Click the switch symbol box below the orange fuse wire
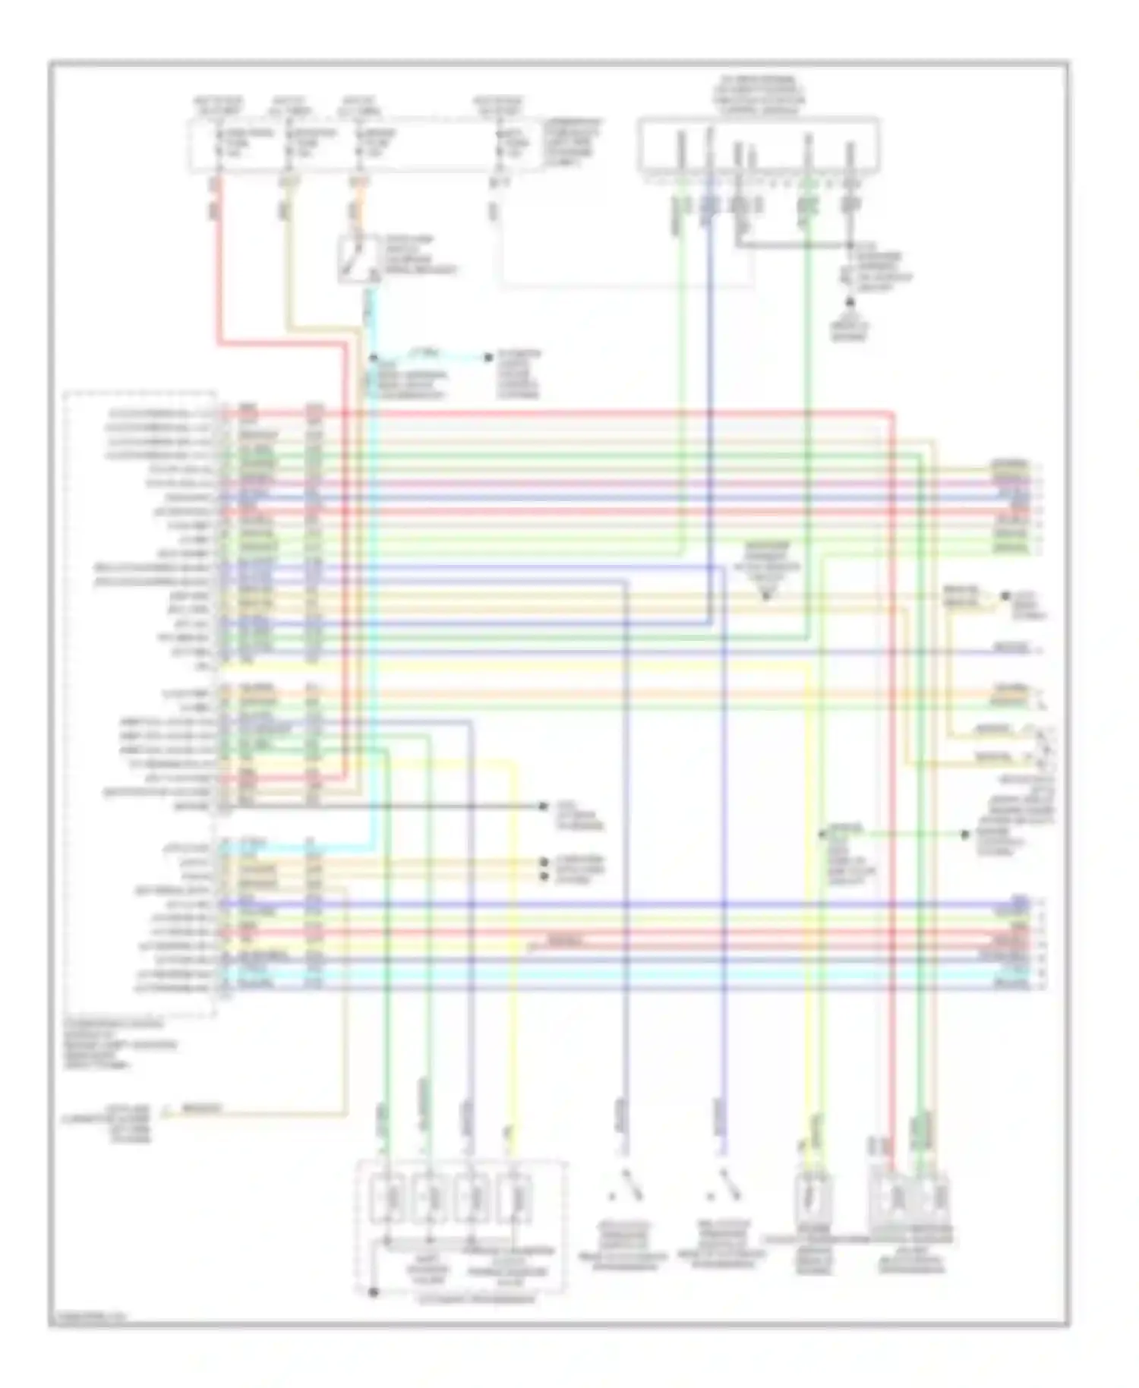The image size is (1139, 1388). (x=358, y=260)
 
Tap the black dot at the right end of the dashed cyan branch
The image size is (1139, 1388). (x=490, y=357)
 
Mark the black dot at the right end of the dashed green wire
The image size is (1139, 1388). (x=965, y=834)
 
